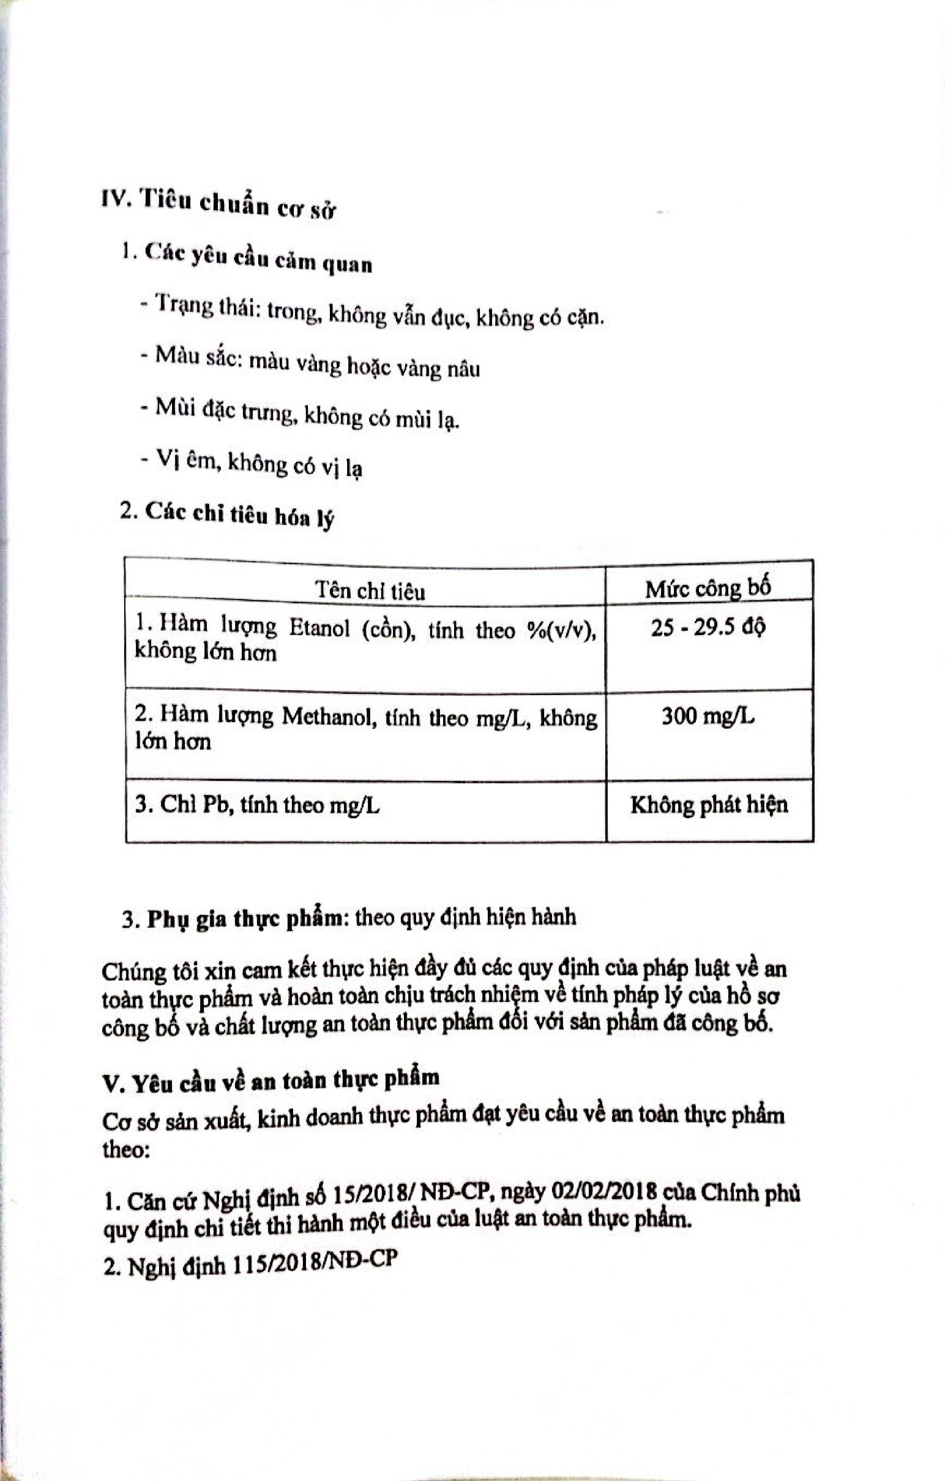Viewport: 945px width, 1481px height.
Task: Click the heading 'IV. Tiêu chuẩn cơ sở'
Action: click(x=218, y=203)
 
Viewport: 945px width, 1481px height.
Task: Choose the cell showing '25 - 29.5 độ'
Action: click(x=708, y=628)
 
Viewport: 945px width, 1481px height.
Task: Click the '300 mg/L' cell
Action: click(x=708, y=716)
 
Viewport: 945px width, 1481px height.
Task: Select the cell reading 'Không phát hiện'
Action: click(x=709, y=804)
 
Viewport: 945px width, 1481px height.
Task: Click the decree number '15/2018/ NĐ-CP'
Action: click(x=413, y=1194)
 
